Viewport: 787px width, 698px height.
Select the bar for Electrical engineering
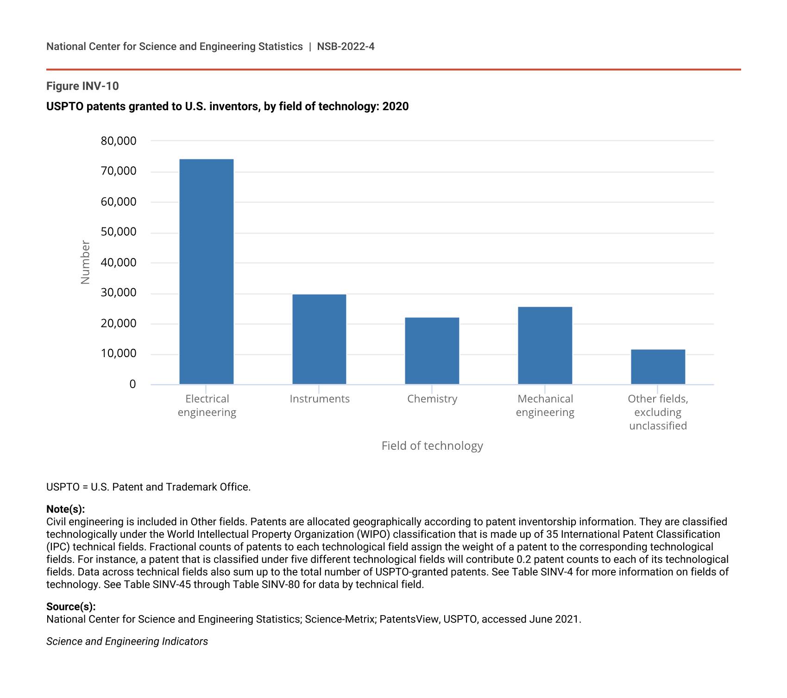[x=206, y=271]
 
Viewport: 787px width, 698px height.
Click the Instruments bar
[x=319, y=339]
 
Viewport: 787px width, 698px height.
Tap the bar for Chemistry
[x=432, y=351]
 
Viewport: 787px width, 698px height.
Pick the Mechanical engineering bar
[x=545, y=345]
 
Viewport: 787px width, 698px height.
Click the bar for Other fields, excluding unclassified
[x=658, y=366]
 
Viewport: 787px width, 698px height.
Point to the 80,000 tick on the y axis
[x=119, y=141]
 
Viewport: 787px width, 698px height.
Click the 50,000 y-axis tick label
[x=119, y=232]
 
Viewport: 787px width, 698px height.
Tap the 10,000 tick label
[x=119, y=354]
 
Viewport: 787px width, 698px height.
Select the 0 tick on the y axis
[x=132, y=384]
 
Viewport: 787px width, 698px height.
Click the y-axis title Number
[x=85, y=262]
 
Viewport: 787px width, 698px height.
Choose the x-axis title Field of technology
[x=432, y=446]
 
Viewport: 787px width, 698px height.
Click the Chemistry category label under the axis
[x=432, y=399]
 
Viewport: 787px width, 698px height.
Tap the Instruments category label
[x=320, y=399]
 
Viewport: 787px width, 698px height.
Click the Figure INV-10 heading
[x=82, y=86]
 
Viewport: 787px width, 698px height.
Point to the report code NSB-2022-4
[x=346, y=47]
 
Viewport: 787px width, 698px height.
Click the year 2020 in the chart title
[x=396, y=107]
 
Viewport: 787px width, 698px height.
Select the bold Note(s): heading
[x=65, y=509]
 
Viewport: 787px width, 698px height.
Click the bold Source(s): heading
[x=71, y=607]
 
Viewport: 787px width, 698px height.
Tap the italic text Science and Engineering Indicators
[x=127, y=641]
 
